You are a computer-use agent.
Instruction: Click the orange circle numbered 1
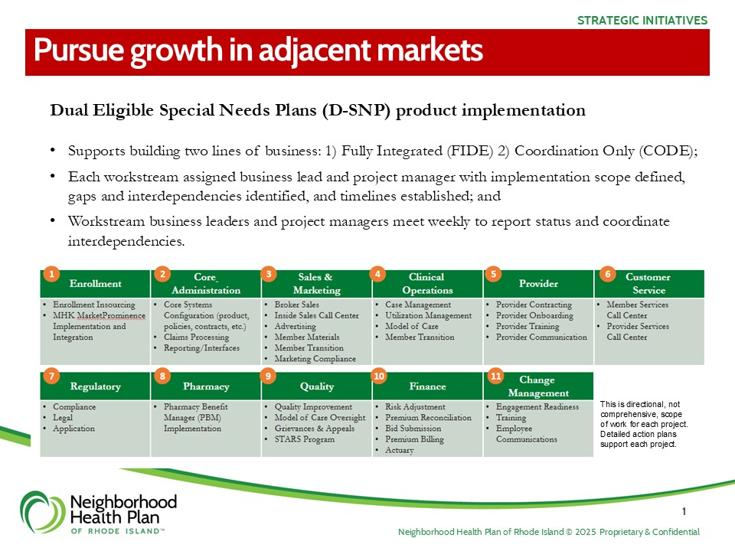[x=51, y=274]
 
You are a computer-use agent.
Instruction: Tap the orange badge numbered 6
[x=607, y=274]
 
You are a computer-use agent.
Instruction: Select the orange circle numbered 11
[x=496, y=377]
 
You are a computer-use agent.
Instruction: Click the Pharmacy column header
[x=206, y=386]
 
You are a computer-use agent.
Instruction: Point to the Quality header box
[x=317, y=386]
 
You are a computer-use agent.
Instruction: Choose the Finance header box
[x=427, y=386]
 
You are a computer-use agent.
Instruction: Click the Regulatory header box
[x=95, y=386]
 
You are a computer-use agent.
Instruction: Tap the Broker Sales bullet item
[x=297, y=305]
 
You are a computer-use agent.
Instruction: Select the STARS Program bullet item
[x=305, y=439]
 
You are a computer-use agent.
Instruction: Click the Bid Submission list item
[x=413, y=429]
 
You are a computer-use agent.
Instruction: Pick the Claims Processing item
[x=197, y=337]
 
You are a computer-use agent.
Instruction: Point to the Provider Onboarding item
[x=534, y=315]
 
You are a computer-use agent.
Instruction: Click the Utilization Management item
[x=429, y=315]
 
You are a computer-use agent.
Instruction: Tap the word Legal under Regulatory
[x=63, y=418]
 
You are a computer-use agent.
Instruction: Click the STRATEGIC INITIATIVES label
[x=642, y=21]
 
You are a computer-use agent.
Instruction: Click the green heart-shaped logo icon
[x=42, y=512]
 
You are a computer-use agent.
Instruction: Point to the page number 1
[x=684, y=511]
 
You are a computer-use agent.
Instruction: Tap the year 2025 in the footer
[x=586, y=532]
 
